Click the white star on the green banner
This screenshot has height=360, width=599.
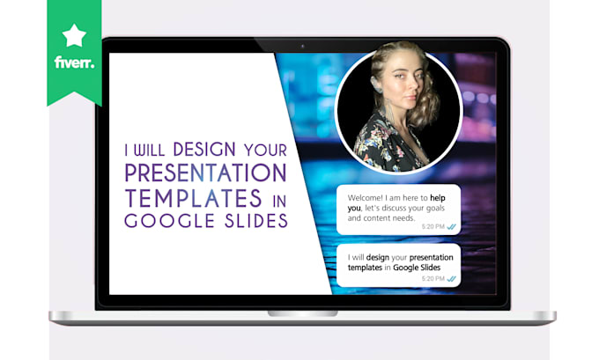pyautogui.click(x=73, y=36)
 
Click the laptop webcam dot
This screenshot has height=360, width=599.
pyautogui.click(x=302, y=46)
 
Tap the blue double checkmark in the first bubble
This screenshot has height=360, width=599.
pyautogui.click(x=452, y=225)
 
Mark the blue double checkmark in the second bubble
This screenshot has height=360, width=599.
pyautogui.click(x=452, y=279)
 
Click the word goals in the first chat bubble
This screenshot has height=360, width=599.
pyautogui.click(x=438, y=209)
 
